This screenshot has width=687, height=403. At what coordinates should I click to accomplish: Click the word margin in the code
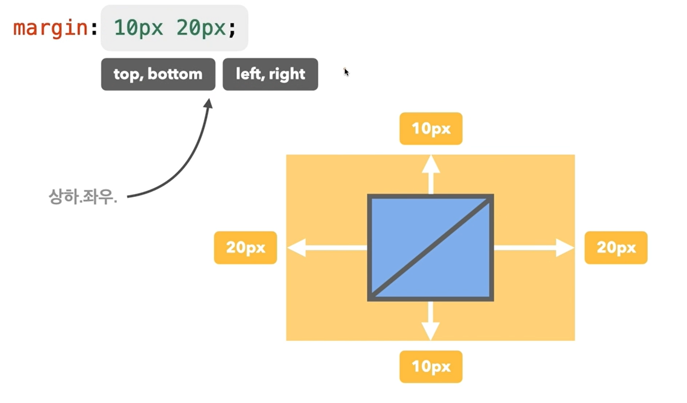[49, 28]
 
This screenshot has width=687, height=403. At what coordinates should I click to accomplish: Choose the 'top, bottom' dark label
[158, 74]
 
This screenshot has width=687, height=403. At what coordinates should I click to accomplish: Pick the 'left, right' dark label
[270, 74]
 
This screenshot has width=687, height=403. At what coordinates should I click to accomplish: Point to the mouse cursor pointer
[346, 72]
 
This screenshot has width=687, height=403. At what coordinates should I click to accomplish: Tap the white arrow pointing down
[430, 321]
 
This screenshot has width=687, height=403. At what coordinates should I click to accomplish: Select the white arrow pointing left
[327, 248]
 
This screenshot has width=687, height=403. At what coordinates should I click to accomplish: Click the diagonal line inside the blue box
[430, 248]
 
